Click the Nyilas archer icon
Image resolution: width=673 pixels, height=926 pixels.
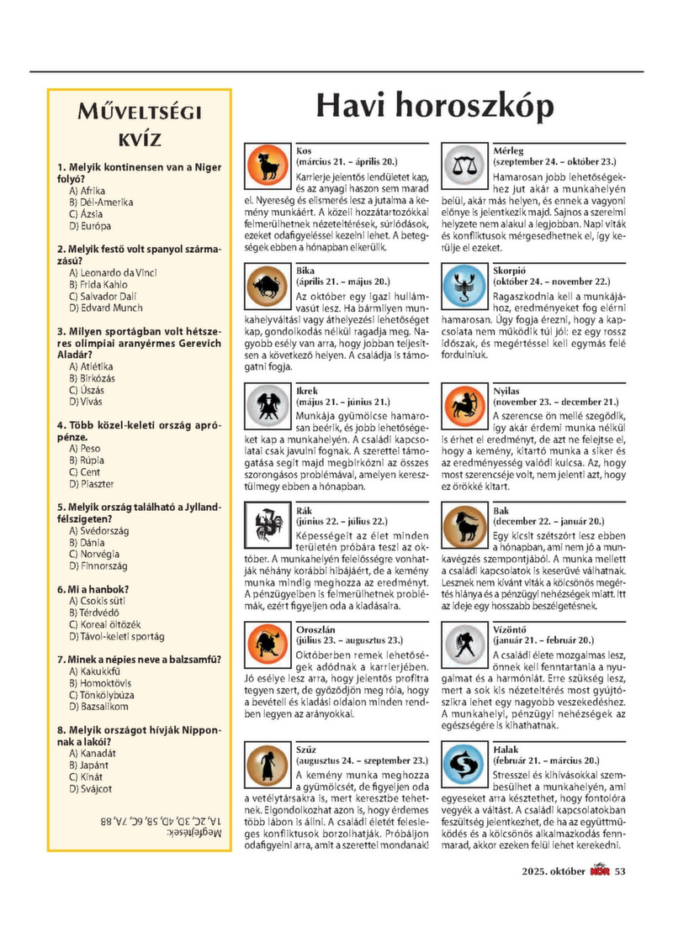(x=464, y=405)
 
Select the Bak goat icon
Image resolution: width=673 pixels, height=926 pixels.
(x=464, y=524)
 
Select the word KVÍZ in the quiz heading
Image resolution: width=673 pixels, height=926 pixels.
(x=139, y=139)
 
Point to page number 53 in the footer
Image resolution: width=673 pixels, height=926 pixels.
(x=621, y=870)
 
